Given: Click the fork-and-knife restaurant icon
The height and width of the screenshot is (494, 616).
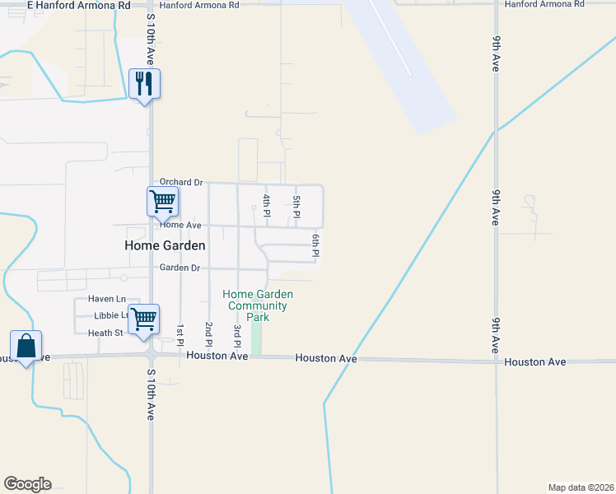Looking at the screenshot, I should (145, 83).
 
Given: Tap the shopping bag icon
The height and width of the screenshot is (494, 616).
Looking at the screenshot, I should (26, 346).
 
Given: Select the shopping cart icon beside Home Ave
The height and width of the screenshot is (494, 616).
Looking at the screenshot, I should (162, 201).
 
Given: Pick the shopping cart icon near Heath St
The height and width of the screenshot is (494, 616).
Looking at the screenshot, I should (144, 319).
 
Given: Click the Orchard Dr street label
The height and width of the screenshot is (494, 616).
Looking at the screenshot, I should (181, 182).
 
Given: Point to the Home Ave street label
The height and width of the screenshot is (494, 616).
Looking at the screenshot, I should (180, 225).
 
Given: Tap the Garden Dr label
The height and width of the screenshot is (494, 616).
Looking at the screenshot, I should (180, 268).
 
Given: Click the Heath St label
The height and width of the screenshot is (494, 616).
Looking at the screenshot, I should (105, 333).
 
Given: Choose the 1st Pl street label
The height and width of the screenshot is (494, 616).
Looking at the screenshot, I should (180, 333).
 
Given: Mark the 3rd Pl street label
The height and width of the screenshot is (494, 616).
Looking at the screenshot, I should (237, 334).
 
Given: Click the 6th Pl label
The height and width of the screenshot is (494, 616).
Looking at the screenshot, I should (315, 245).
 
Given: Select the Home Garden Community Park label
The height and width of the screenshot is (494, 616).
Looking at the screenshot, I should (259, 305).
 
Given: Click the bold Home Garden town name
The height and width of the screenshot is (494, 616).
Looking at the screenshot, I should (165, 245).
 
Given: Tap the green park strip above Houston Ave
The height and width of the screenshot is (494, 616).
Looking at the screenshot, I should (255, 338).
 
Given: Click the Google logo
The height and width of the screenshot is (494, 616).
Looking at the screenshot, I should (27, 484).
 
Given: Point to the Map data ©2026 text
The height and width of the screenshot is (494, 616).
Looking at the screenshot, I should (581, 487).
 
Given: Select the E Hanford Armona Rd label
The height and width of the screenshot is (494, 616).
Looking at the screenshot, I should (79, 5).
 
